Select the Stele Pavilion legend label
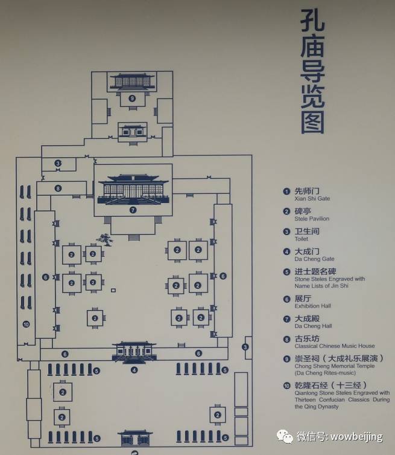click(x=312, y=219)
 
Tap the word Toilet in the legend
click(x=301, y=239)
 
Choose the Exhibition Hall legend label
click(x=312, y=306)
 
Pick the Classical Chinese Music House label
click(x=334, y=346)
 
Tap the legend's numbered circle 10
click(x=286, y=386)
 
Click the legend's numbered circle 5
click(x=286, y=272)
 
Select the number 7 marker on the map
click(x=133, y=210)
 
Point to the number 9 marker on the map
click(x=132, y=98)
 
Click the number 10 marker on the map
click(x=26, y=324)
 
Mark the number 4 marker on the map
click(x=134, y=370)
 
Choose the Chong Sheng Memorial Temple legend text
click(x=334, y=366)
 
